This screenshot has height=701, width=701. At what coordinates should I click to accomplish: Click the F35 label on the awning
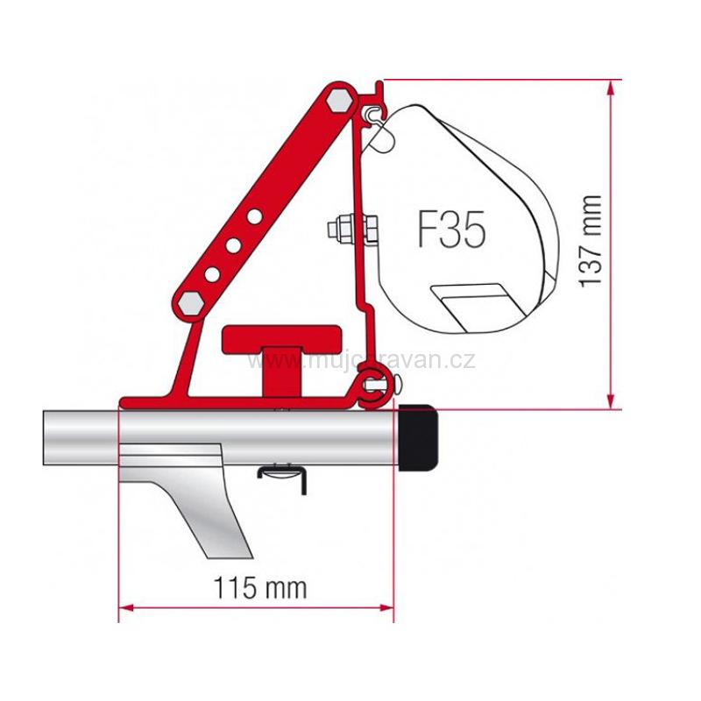pos(451,230)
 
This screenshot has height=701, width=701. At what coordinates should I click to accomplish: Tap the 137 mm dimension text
pos(590,242)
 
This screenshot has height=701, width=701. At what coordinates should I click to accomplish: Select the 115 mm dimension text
pos(260,587)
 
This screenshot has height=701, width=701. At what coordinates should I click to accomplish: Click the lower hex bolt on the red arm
pos(190,304)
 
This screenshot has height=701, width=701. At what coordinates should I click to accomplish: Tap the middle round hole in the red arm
pos(233,245)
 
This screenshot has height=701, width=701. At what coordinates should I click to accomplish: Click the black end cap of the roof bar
pos(418,437)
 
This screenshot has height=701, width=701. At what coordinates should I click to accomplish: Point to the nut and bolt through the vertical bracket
pos(353,229)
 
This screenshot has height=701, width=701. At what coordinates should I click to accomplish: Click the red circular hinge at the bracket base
pos(372,390)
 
